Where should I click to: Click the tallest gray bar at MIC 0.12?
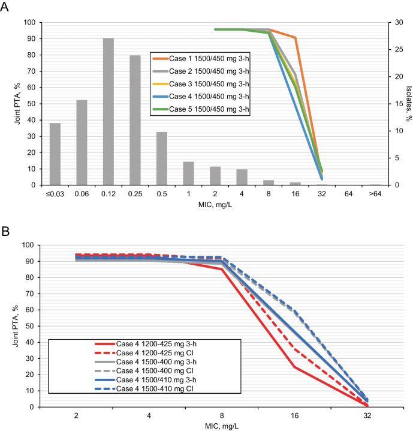click(x=108, y=112)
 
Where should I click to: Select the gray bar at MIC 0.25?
click(x=135, y=120)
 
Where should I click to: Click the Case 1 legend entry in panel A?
click(x=200, y=58)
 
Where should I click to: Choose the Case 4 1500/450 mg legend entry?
click(x=200, y=96)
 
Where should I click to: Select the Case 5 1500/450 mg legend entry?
click(x=200, y=109)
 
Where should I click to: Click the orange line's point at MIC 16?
click(x=296, y=37)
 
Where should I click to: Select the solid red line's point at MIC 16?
click(x=295, y=367)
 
